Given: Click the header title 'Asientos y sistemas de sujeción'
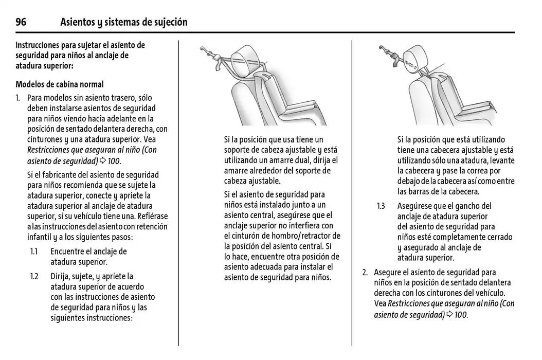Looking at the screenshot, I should coord(123,22).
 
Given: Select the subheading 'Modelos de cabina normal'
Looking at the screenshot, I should coord(59,84).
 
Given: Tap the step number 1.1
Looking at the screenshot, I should coord(34,251).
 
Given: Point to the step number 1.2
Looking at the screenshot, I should coord(34,276).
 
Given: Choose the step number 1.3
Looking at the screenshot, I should coord(381,206).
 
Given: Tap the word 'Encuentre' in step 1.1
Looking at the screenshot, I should coord(68,251).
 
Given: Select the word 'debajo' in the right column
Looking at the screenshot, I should coord(410,181).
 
